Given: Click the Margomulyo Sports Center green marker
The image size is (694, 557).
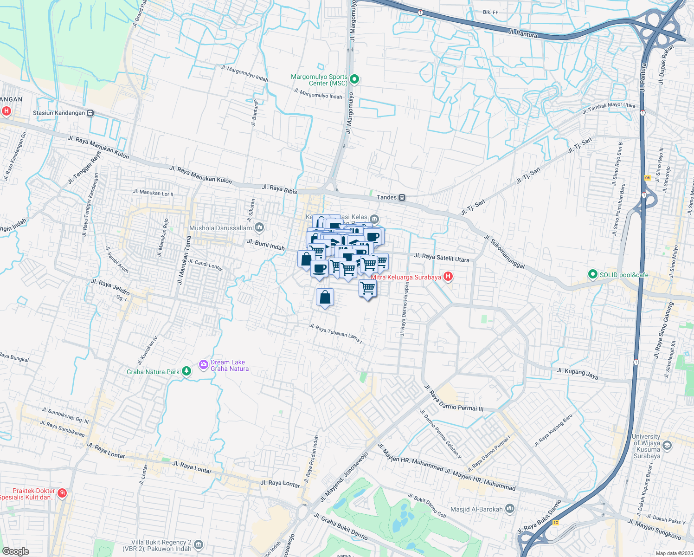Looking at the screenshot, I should [x=354, y=79].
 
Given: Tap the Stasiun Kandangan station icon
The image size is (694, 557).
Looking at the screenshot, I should [x=90, y=113].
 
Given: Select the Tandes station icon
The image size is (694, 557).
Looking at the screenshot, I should [x=402, y=197].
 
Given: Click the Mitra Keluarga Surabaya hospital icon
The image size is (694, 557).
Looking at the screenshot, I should [x=448, y=277].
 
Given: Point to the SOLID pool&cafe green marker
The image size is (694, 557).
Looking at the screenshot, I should [x=592, y=275].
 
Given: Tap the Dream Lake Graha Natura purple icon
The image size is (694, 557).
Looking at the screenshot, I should [x=203, y=365].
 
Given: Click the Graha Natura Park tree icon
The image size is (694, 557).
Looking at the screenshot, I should [x=186, y=371].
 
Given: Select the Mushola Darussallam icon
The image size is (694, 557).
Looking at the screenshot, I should [x=259, y=227].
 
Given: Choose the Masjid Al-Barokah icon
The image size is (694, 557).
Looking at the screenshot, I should [x=510, y=509].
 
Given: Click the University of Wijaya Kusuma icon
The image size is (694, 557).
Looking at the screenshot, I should [x=667, y=446].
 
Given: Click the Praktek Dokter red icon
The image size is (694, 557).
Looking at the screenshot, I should [x=62, y=493].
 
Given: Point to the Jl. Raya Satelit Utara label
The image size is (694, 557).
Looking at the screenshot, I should [x=441, y=257].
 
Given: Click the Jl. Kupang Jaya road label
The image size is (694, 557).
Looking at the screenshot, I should [x=577, y=373].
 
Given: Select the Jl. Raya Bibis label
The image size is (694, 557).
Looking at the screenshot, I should [x=279, y=189].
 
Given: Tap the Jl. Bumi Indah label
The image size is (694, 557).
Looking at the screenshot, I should [x=266, y=245].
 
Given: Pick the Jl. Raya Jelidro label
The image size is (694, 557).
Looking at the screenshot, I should [x=110, y=287].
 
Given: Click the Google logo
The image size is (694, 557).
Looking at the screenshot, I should [x=15, y=551].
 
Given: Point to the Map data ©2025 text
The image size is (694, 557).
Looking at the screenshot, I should [x=674, y=553].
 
